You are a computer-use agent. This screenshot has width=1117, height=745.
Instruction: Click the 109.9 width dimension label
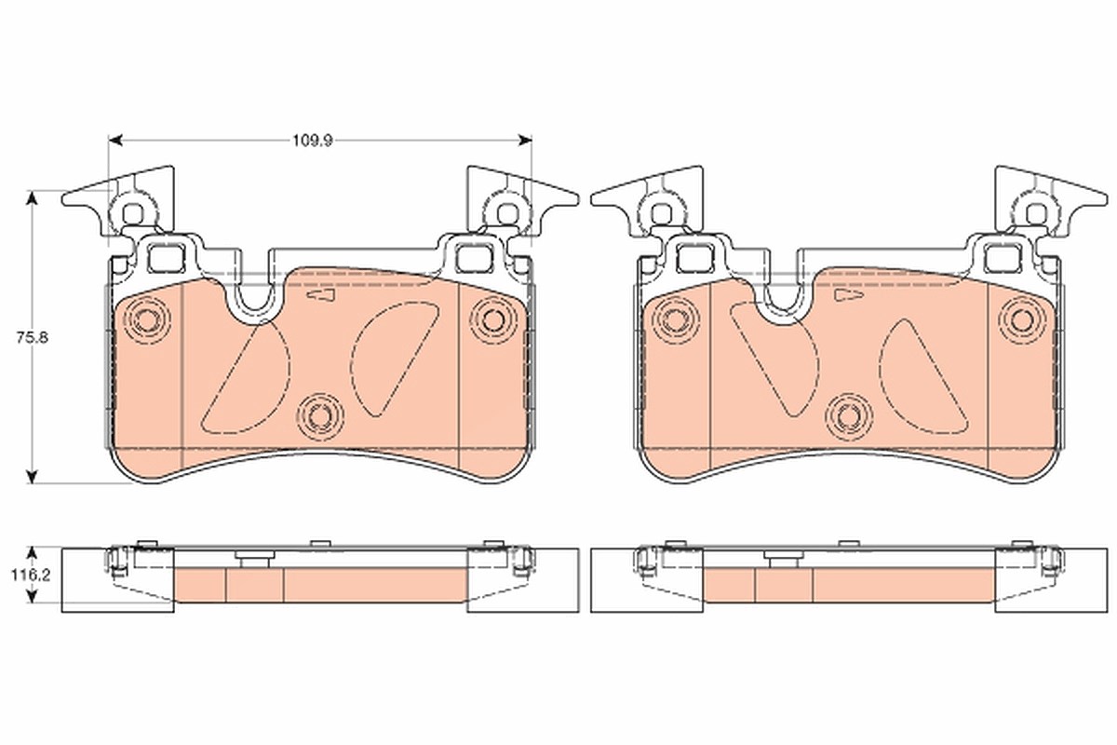[x=312, y=141]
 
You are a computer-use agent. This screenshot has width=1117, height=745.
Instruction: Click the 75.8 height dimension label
[x=32, y=338]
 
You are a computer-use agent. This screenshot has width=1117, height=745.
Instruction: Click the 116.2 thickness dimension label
[x=31, y=576]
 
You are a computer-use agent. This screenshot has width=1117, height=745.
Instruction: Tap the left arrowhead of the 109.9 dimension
[x=115, y=141]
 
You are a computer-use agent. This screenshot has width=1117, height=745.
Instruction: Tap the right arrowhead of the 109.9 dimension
[x=525, y=141]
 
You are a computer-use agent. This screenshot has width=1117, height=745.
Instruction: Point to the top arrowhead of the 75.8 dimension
[x=32, y=197]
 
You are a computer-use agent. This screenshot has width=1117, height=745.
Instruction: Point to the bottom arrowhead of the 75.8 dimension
[x=32, y=477]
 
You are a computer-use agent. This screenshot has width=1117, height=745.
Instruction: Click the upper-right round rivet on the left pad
[x=493, y=319]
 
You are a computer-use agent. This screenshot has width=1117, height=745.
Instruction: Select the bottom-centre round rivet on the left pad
[x=320, y=416]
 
